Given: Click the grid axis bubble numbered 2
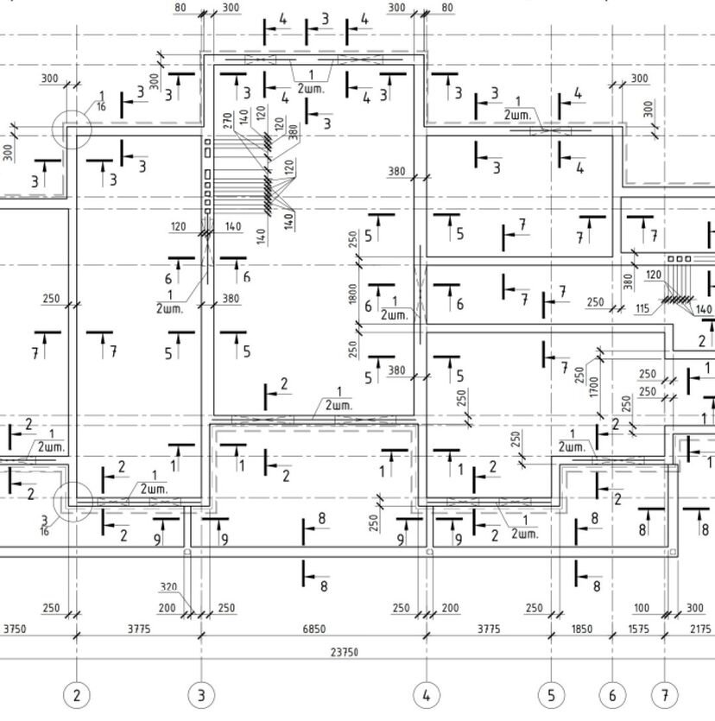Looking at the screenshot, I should [x=77, y=694].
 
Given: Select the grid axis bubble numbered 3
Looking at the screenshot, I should [x=201, y=694].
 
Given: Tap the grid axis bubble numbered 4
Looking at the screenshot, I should [x=426, y=694].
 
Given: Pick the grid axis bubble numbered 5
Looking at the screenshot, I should [x=551, y=694].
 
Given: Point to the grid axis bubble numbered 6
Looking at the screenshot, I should [x=612, y=694].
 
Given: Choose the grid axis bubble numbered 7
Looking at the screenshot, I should [x=665, y=694].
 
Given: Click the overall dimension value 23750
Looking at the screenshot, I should [x=344, y=653].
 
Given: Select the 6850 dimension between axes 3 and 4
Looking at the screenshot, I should [x=313, y=629].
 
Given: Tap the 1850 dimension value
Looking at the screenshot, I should [x=582, y=629].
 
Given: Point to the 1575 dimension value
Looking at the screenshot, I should [x=638, y=629].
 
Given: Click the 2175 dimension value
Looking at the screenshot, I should [x=700, y=629].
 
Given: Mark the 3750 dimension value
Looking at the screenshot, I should [x=15, y=629].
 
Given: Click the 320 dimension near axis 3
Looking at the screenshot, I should [x=168, y=588].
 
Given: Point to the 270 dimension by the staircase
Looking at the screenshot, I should [x=227, y=120].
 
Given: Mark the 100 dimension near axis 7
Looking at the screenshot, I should [x=641, y=608].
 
